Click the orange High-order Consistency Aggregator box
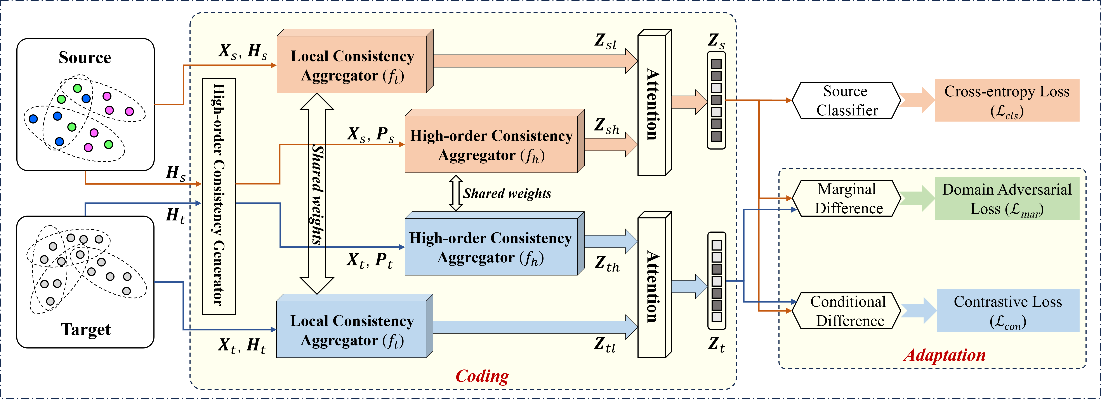(491, 145)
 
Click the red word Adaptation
(945, 355)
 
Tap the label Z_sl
(605, 42)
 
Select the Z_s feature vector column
(716, 101)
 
